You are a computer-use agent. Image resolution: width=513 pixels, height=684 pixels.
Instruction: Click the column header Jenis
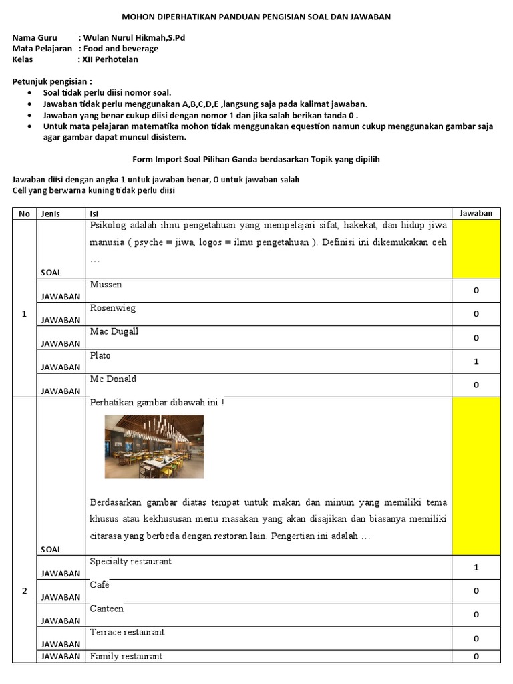click(x=51, y=214)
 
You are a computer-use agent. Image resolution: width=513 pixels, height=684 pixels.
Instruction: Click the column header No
click(x=24, y=214)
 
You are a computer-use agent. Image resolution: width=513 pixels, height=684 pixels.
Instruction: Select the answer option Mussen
click(x=106, y=285)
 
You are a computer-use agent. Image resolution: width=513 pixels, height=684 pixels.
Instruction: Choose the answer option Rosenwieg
click(x=112, y=308)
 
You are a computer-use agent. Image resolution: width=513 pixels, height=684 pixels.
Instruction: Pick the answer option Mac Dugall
click(x=114, y=332)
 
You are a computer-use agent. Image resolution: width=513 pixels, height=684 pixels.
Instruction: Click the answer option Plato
click(x=100, y=355)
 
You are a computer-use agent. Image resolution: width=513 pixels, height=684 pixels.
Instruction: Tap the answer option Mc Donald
click(x=113, y=379)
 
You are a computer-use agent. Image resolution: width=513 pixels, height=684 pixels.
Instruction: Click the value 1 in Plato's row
click(x=476, y=361)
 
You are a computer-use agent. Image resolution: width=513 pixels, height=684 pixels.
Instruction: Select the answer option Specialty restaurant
click(x=131, y=562)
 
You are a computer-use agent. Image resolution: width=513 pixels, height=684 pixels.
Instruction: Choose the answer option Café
click(x=100, y=585)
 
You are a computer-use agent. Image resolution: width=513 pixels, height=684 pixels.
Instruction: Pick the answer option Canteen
click(x=107, y=609)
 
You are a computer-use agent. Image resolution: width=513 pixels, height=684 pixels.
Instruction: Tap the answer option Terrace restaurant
click(x=127, y=632)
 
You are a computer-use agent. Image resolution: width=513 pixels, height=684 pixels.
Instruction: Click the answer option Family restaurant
click(x=126, y=656)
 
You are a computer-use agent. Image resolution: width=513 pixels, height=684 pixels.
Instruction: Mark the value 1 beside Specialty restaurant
click(x=476, y=568)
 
